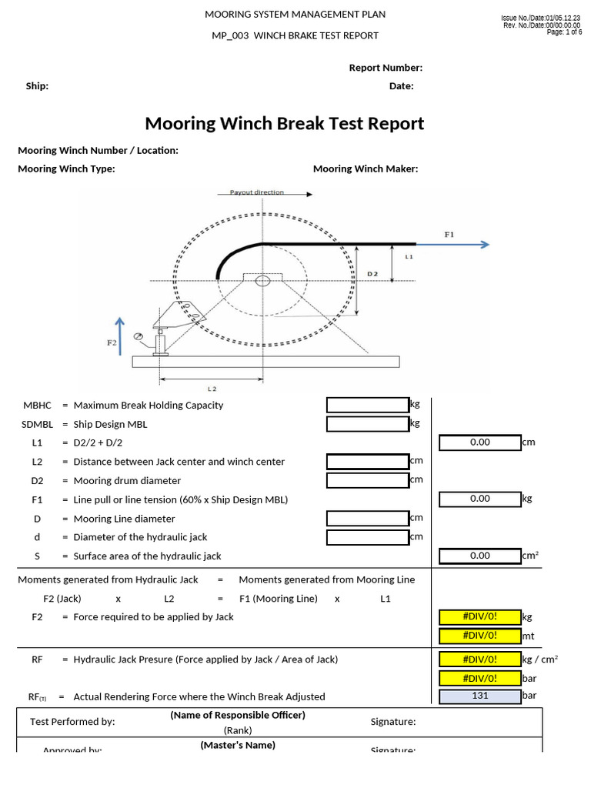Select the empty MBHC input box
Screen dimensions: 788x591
click(x=368, y=405)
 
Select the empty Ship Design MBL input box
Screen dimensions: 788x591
click(x=368, y=424)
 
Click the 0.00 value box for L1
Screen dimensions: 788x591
click(x=479, y=442)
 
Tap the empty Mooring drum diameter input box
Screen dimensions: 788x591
click(x=368, y=480)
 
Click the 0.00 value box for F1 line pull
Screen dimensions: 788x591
click(x=479, y=499)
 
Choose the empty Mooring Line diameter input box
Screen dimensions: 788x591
click(x=368, y=518)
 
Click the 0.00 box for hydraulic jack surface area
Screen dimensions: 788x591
click(x=479, y=555)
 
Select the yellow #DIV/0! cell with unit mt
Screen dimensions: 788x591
click(x=479, y=636)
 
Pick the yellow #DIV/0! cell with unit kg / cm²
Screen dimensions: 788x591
click(x=479, y=659)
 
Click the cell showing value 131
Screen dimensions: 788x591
click(x=479, y=696)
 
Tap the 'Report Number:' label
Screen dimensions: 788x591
click(x=386, y=68)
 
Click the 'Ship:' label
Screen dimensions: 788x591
click(x=37, y=86)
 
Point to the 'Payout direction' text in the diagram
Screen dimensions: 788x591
click(x=256, y=192)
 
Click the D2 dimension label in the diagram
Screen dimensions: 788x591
click(x=372, y=273)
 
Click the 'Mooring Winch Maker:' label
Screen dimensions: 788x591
click(x=366, y=169)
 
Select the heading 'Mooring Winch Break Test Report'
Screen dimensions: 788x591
click(x=285, y=123)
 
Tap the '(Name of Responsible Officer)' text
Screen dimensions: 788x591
click(x=238, y=715)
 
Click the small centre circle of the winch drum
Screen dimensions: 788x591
click(x=262, y=280)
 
